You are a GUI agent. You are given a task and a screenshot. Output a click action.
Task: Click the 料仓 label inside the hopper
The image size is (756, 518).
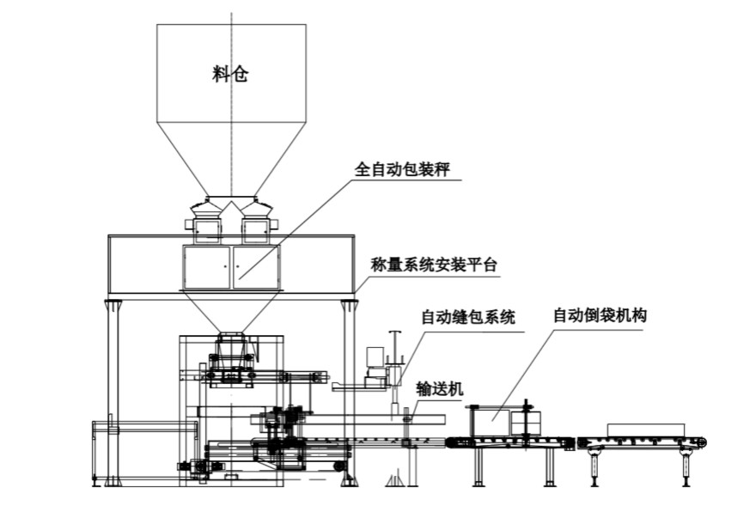(x=230, y=75)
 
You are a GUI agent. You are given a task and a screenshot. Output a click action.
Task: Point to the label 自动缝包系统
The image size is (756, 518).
(x=467, y=317)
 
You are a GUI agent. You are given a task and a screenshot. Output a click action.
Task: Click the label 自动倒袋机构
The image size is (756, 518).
(x=600, y=315)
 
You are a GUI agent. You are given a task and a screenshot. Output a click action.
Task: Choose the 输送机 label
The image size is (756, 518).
(x=439, y=389)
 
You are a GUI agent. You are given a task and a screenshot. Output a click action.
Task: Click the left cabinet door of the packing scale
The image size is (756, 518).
(x=207, y=267)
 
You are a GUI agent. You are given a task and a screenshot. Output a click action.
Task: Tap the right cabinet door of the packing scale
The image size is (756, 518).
(x=256, y=267)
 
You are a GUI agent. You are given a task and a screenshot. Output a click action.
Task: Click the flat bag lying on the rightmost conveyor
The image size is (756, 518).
(x=645, y=430)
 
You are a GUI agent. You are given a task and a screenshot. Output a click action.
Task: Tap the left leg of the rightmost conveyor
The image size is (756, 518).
(x=594, y=467)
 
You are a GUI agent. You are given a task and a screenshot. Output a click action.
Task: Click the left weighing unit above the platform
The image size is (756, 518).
(x=207, y=229)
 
